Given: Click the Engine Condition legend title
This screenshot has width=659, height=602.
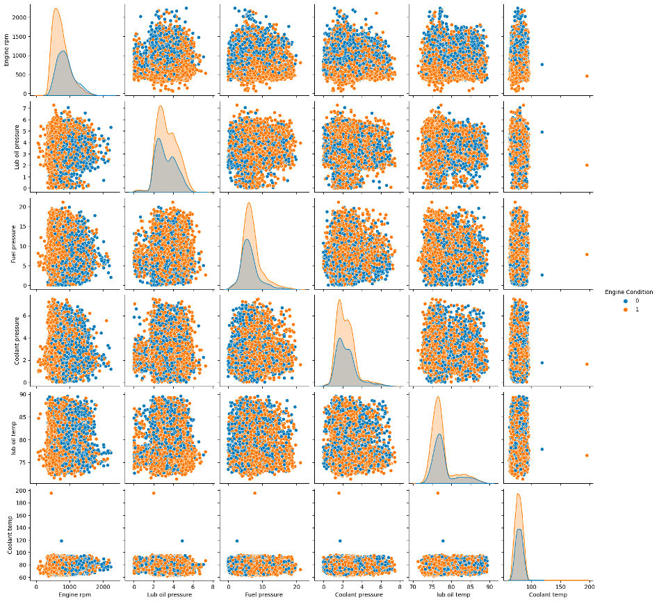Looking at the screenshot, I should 628,292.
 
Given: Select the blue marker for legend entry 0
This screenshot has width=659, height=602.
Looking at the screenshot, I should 607,301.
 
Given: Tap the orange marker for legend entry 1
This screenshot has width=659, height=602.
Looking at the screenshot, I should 607,309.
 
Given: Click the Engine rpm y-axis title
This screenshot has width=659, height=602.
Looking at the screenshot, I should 6,50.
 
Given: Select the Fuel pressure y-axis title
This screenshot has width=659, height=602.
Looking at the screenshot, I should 6,243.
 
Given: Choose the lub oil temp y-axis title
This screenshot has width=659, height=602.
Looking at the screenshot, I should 6,435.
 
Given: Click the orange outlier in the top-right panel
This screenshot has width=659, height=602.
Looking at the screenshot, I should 587,76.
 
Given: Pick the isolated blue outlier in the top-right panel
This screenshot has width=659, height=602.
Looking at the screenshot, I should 542,65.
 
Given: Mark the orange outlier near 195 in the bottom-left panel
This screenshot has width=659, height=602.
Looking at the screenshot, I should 51,493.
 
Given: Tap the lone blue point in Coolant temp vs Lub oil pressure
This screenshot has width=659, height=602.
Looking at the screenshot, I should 182,541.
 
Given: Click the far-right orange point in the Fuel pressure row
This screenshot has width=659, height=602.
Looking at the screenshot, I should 587,254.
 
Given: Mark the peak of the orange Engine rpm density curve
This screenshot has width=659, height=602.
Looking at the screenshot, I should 56,9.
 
